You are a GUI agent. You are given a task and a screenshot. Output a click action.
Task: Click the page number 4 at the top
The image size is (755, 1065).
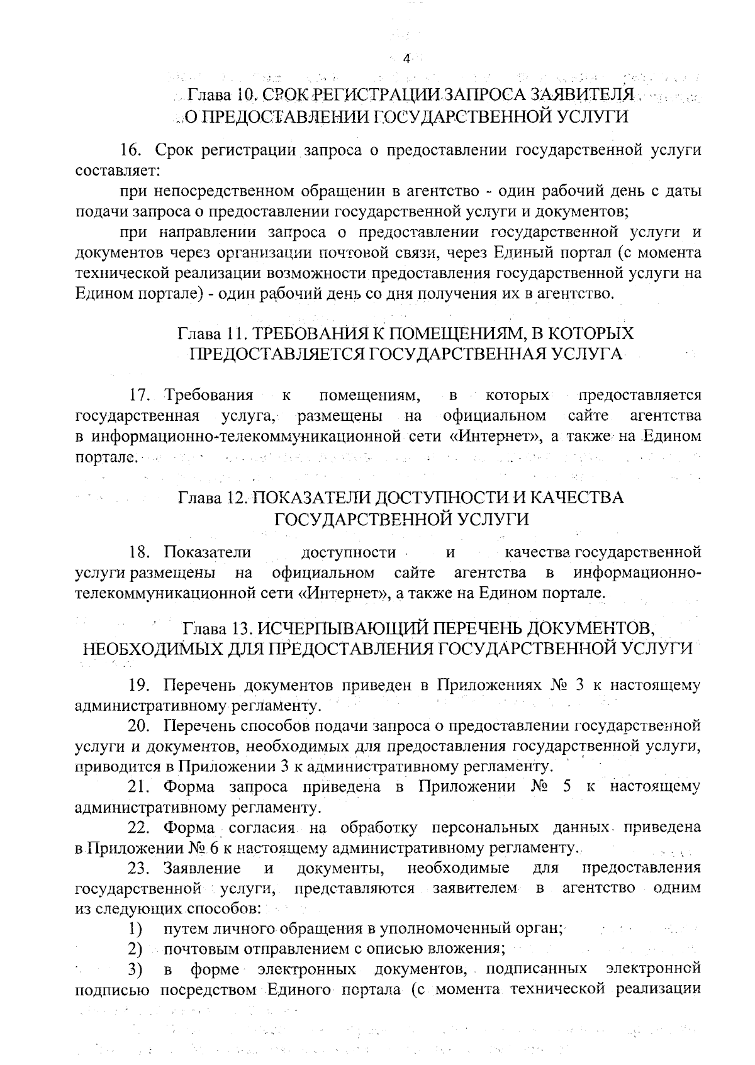point(406,59)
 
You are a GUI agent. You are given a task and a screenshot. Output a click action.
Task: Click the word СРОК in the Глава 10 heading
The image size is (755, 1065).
point(284,96)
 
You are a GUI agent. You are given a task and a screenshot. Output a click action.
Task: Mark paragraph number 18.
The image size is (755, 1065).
point(138,552)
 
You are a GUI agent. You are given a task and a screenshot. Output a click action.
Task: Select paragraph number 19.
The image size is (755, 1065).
point(138,685)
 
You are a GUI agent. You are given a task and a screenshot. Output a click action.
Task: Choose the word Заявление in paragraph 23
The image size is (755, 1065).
point(202,869)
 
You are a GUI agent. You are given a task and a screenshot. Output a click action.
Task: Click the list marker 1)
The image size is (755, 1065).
point(135,928)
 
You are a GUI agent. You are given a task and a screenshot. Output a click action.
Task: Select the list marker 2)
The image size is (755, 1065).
point(135,949)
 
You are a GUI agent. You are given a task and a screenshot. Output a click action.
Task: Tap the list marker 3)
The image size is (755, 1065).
point(135,969)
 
